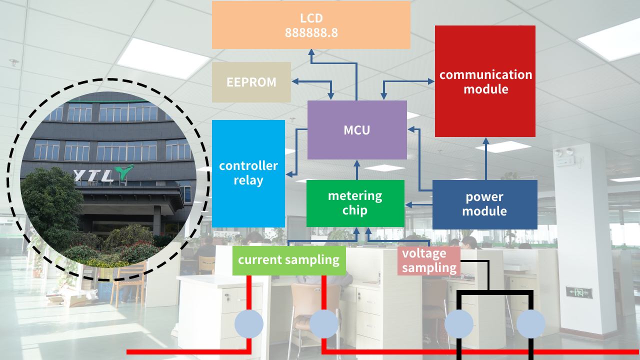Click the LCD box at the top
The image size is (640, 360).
coord(311,25)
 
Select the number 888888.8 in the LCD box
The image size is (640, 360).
coord(311,33)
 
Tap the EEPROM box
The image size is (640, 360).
coord(251,82)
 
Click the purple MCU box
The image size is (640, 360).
coord(357,130)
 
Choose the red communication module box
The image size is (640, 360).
coord(485,81)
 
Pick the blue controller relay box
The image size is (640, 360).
coord(248,173)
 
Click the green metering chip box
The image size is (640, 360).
coord(355,203)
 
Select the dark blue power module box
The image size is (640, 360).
coord(484,204)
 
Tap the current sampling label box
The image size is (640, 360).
coord(289,260)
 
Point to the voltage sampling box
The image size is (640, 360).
coord(429,260)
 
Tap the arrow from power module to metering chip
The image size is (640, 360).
coord(418,204)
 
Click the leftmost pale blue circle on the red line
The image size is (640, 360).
coord(249,324)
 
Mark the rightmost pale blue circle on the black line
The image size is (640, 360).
coord(530,324)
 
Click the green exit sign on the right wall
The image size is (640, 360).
coord(579,292)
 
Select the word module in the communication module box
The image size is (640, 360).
coord(486,89)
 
